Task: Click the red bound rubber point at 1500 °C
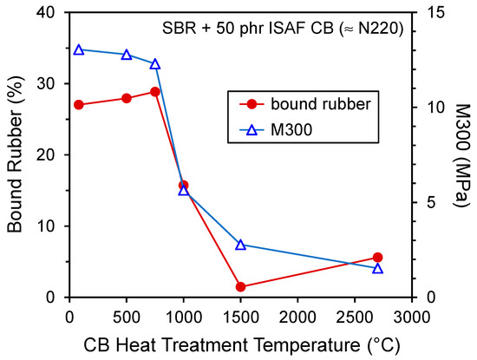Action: (240, 286)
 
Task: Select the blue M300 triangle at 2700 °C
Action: (377, 268)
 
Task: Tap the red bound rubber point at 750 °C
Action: (155, 91)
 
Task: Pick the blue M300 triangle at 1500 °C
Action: (240, 245)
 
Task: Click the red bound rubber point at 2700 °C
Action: (377, 257)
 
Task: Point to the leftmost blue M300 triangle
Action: (79, 49)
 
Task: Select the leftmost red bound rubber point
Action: (79, 104)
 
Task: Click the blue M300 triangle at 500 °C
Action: (127, 55)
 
